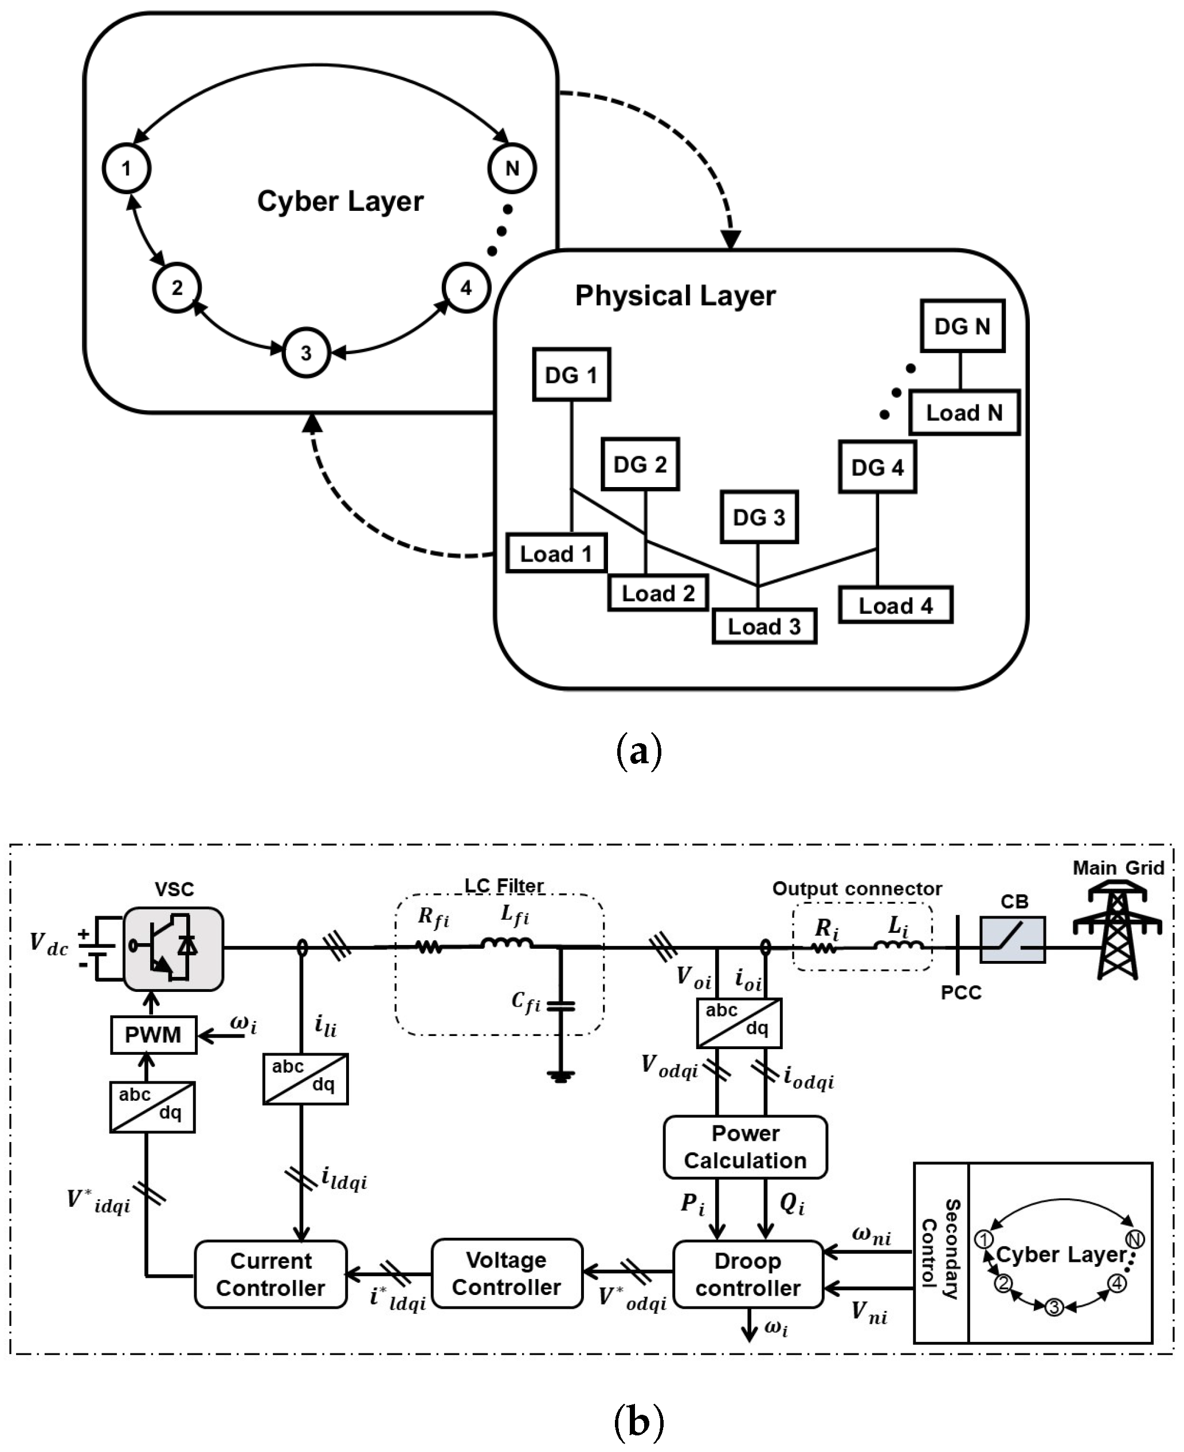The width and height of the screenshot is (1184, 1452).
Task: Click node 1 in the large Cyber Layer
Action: click(x=127, y=168)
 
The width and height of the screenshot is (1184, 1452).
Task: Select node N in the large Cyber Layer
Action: click(x=512, y=168)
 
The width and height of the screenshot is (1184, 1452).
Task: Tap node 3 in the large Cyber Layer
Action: click(x=306, y=354)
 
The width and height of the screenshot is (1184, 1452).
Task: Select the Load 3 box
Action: click(x=764, y=626)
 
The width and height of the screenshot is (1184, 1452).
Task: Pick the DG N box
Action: click(x=962, y=326)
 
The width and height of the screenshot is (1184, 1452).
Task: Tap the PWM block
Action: click(x=154, y=1035)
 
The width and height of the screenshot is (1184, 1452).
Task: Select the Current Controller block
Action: click(x=270, y=1274)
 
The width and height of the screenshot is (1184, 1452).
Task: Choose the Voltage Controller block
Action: click(x=507, y=1273)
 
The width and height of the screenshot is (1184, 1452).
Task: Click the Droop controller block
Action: click(x=747, y=1274)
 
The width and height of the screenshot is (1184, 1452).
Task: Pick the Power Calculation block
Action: click(x=746, y=1147)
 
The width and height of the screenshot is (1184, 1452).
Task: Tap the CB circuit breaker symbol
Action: click(x=1012, y=940)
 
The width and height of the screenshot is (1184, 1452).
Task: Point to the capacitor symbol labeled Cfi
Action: click(x=560, y=1005)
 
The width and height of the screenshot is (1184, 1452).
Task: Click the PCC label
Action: click(x=961, y=992)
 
